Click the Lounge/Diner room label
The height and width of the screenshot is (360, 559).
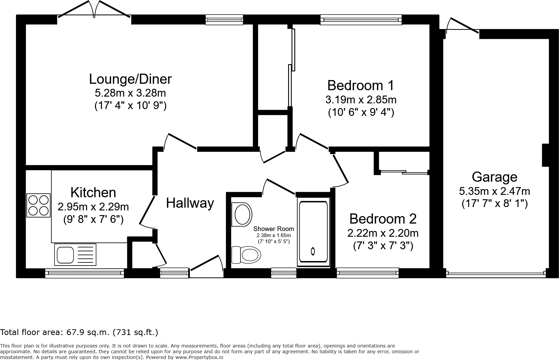130,79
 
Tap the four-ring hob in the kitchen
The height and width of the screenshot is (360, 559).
38,206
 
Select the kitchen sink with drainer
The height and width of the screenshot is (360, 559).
75,255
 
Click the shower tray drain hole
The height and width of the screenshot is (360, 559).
313,251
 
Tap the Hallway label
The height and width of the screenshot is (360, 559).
190,203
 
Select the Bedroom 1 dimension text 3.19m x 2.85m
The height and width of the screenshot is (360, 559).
361,100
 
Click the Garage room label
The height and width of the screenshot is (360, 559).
494,177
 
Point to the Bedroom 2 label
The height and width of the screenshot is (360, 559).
383,219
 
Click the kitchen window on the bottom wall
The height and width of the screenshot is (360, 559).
84,273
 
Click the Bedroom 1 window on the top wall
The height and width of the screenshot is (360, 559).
361,20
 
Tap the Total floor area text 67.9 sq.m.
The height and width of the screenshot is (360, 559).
79,332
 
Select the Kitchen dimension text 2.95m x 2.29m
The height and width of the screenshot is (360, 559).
93,206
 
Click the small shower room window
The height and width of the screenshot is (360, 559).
283,273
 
